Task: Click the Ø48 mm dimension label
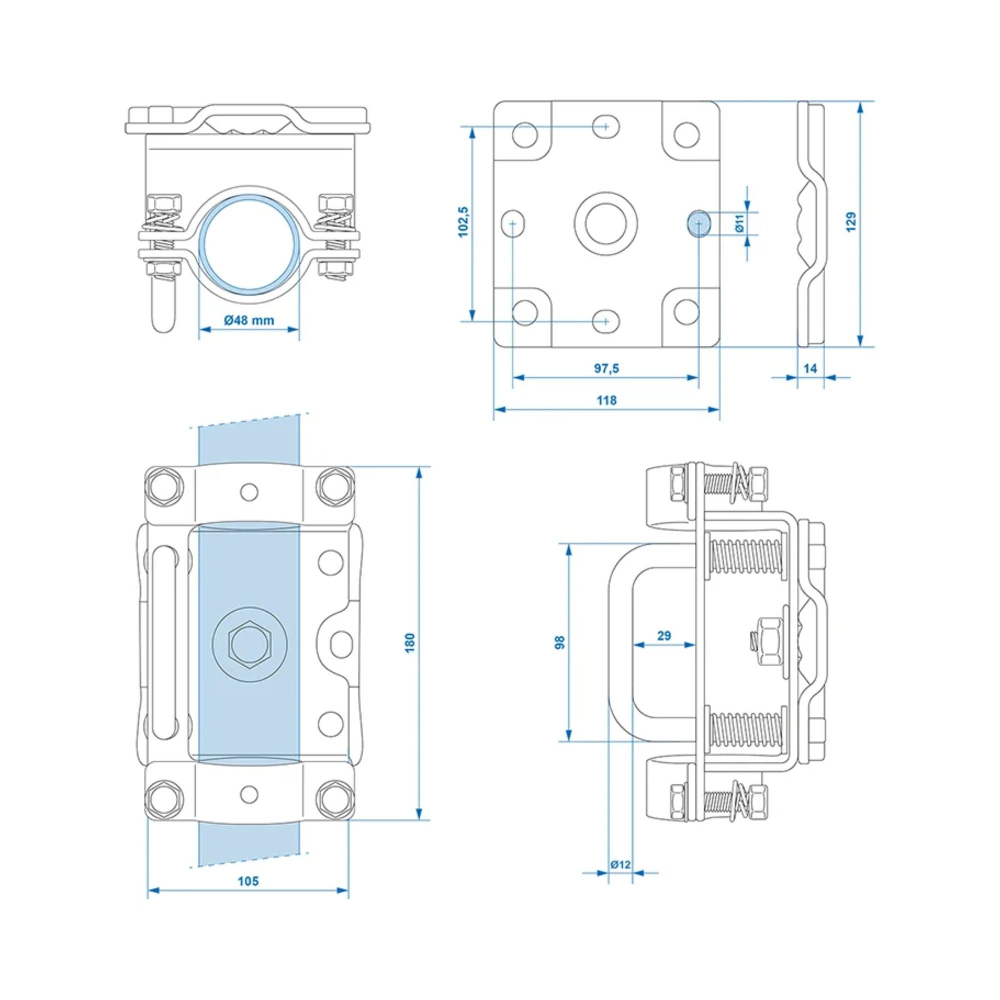[249, 320]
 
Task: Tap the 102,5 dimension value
[463, 222]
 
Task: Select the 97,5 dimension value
[606, 368]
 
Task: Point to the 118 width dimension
[606, 400]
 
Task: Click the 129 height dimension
[851, 222]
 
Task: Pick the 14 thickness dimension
[810, 368]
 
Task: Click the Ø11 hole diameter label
[739, 223]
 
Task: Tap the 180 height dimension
[410, 643]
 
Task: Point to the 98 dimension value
[559, 642]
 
